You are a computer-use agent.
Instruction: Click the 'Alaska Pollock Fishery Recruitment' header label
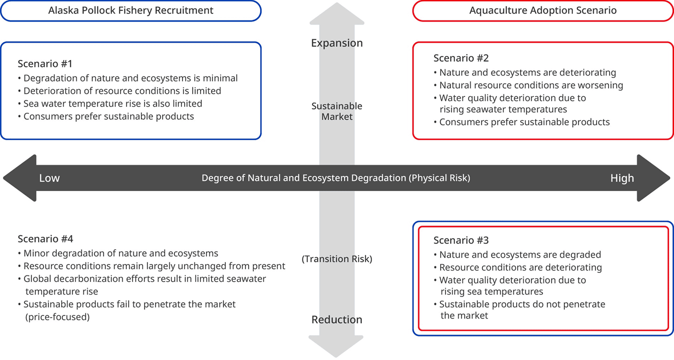[131, 11]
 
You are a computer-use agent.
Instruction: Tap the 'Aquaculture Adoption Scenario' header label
[543, 11]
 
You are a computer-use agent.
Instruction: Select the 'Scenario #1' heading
[45, 64]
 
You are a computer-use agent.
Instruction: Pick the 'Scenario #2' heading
[461, 58]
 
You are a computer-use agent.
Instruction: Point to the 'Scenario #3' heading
[461, 240]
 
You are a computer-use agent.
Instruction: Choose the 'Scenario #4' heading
[45, 239]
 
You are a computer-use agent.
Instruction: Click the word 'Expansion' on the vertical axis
[337, 43]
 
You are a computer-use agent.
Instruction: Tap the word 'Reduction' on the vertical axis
[337, 319]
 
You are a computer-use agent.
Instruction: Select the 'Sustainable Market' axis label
[337, 111]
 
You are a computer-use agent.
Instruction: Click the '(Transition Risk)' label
[337, 259]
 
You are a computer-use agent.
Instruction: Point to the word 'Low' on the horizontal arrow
[49, 178]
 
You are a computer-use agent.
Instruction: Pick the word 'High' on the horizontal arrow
[622, 178]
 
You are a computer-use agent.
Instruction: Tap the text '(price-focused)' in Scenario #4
[57, 317]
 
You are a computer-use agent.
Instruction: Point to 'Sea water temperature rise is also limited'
[113, 104]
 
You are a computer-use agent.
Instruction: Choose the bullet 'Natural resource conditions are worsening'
[531, 85]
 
